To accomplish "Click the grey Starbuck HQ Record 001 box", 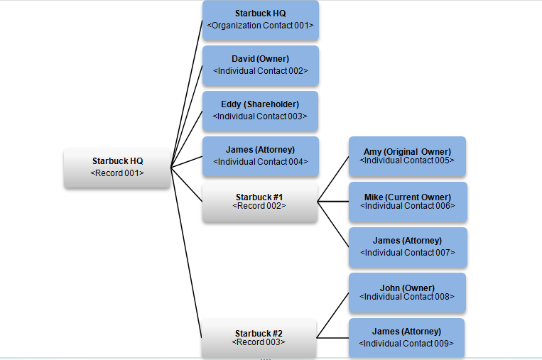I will [117, 168].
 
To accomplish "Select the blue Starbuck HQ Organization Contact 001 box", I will [260, 20].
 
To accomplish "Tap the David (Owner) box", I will [260, 65].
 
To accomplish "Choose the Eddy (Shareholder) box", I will [260, 111].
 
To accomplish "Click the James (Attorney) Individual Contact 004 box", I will [260, 156].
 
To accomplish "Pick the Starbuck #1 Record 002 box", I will [259, 202].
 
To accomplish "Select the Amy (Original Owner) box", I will [407, 156].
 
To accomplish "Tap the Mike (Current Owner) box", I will [407, 202].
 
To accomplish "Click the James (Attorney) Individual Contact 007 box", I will [407, 247].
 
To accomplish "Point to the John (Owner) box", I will [407, 293].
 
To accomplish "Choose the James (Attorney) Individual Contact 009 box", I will [406, 338].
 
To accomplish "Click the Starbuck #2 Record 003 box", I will [259, 338].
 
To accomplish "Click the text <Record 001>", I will [117, 173].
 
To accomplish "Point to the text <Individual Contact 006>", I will [407, 206].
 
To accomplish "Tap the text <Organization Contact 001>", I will [260, 26].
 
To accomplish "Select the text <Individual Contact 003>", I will [260, 116].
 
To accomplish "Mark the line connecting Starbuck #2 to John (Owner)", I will [332, 315].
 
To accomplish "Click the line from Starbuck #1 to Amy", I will [332, 179].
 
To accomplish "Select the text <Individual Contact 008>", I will [407, 297].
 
